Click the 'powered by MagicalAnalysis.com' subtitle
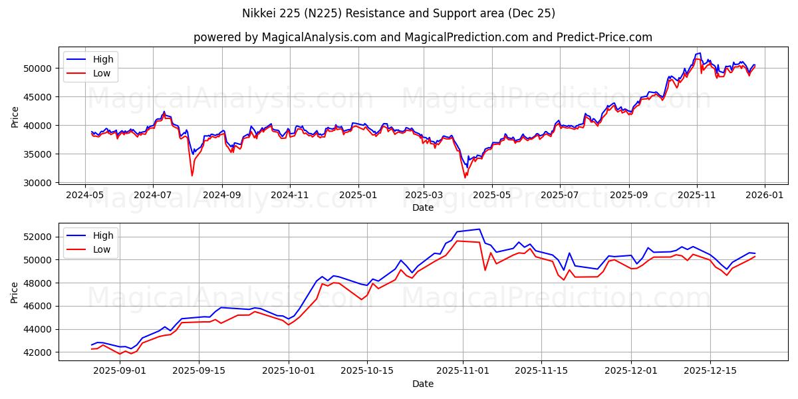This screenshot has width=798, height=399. point(422,37)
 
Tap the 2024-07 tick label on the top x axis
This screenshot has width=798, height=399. point(153,196)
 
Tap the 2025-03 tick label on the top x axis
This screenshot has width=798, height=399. point(424,196)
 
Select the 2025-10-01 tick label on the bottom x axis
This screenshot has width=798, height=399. point(289,372)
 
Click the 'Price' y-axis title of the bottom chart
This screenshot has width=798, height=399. point(15,291)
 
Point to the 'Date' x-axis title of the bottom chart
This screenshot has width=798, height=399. point(422,384)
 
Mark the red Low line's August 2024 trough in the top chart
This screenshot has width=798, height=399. point(192,176)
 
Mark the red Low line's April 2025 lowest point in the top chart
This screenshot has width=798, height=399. point(465,178)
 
